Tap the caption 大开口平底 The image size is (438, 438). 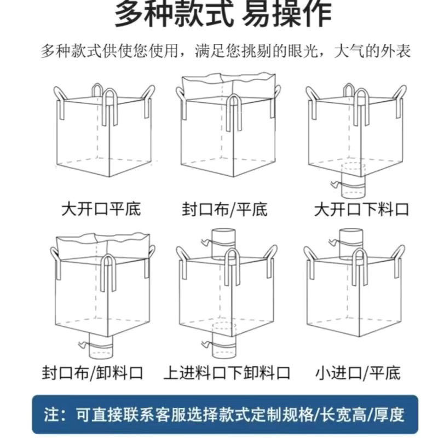point(101,209)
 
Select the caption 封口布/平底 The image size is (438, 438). point(225,209)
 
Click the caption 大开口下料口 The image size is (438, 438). point(361,209)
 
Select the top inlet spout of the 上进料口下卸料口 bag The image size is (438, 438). point(224,241)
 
